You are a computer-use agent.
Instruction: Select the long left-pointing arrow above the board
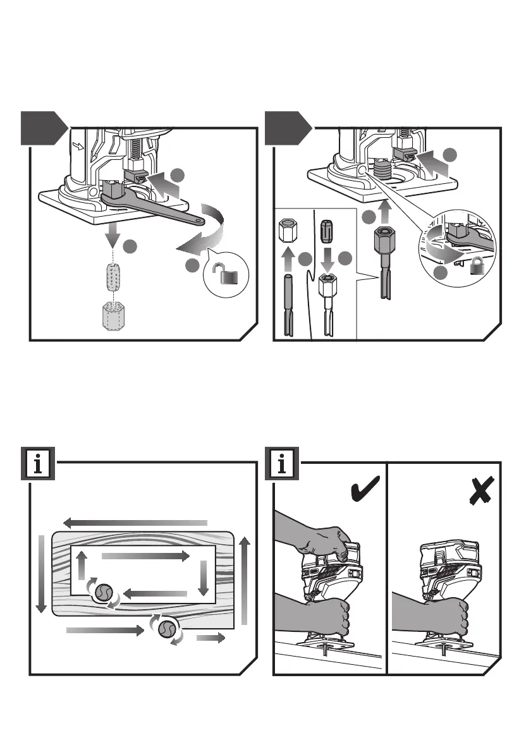tap(135, 523)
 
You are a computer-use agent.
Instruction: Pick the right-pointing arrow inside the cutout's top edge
tap(145, 556)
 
